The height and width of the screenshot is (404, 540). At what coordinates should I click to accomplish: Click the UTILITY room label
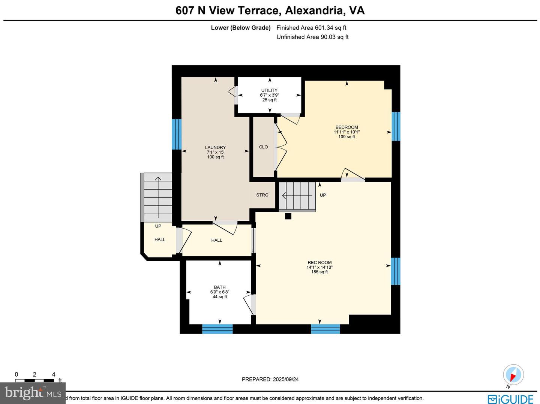coord(269,90)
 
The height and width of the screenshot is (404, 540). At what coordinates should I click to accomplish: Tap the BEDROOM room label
coord(346,127)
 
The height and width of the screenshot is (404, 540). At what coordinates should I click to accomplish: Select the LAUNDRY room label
coord(215,148)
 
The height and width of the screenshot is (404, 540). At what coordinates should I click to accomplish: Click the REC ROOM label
coord(319,263)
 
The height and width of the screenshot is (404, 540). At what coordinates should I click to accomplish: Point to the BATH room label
coord(220,287)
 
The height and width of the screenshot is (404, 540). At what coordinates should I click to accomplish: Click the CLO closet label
coord(263,147)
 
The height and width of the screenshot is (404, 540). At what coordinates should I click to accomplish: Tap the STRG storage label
coord(262,195)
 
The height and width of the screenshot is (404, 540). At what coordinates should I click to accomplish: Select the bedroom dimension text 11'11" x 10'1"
coord(346,132)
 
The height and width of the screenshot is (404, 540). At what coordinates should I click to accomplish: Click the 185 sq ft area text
coord(319,272)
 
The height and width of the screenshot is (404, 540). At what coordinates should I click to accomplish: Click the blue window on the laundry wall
coord(177,134)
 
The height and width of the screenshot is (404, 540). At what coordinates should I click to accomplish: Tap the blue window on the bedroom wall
coord(396,126)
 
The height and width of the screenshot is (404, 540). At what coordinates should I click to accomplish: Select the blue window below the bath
coord(217,329)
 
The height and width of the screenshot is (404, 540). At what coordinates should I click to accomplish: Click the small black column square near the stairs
coord(288,216)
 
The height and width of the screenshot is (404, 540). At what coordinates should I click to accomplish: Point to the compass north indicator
coord(513,375)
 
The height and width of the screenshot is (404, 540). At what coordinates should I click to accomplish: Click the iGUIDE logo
coord(510,399)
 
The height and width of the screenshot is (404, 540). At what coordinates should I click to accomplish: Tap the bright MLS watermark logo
coord(33,393)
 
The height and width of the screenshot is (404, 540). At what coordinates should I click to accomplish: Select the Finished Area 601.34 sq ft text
coord(311,28)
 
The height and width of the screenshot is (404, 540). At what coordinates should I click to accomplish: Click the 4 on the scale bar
coord(54,374)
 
